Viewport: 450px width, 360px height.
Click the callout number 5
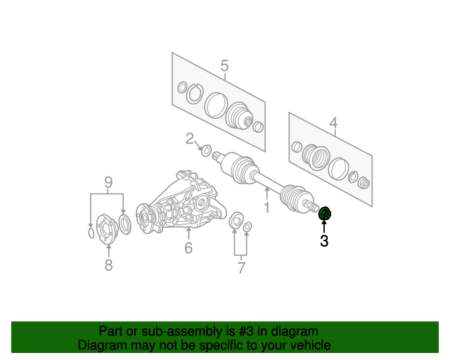(225, 65)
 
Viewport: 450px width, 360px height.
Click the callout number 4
(333, 123)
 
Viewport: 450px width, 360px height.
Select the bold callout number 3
(324, 241)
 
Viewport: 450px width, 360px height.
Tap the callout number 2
(190, 139)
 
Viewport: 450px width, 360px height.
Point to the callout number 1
(267, 207)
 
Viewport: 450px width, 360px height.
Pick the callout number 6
(188, 247)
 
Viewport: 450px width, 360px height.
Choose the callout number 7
(241, 268)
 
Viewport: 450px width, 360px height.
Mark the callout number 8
(108, 265)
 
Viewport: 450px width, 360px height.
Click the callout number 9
(108, 182)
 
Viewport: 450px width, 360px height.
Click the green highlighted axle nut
(325, 214)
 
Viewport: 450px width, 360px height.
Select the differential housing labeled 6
(180, 202)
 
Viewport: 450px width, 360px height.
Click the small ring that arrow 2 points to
(206, 150)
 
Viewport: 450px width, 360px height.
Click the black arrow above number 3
(324, 226)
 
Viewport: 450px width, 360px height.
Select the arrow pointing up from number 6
(188, 233)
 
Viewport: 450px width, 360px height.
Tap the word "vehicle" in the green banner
(311, 345)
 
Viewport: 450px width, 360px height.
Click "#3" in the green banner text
(246, 331)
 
